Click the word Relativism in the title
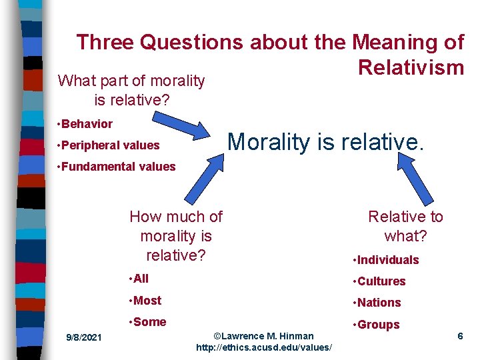[410, 67]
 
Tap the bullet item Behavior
[86, 124]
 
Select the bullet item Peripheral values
[109, 145]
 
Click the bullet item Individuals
[387, 260]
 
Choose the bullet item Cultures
[380, 281]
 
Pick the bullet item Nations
[378, 303]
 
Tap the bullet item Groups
[377, 325]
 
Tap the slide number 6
[460, 336]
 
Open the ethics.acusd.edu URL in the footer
[264, 348]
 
